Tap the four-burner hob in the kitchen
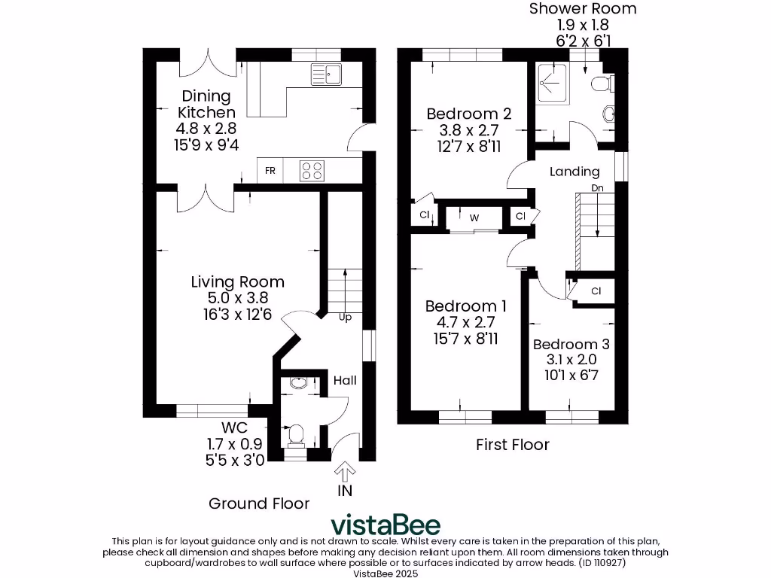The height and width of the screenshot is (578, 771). click(x=312, y=171)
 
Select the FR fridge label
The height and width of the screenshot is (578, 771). click(x=270, y=172)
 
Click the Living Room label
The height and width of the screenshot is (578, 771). click(x=237, y=282)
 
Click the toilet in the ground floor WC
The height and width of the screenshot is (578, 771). click(x=295, y=435)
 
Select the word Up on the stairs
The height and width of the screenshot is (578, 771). click(x=345, y=318)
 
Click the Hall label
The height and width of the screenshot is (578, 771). click(x=345, y=381)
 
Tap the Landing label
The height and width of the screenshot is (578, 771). click(x=574, y=172)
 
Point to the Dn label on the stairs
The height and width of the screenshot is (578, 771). click(x=597, y=187)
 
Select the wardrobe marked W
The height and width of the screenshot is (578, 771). click(x=474, y=218)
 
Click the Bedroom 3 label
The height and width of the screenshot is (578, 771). click(x=571, y=344)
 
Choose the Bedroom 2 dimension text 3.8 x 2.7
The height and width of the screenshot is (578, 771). click(x=469, y=129)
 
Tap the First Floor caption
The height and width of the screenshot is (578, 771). click(x=512, y=445)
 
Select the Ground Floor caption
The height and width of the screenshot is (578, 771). click(x=259, y=503)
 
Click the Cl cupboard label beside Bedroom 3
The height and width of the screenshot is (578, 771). click(x=596, y=291)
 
